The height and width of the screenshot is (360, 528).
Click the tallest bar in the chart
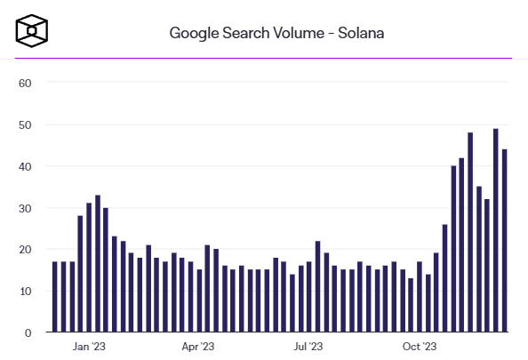click(495, 231)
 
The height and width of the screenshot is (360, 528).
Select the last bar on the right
click(504, 241)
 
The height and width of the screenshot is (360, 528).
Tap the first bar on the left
click(55, 297)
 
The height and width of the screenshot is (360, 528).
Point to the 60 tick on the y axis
click(25, 84)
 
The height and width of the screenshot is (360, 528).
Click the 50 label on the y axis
click(25, 125)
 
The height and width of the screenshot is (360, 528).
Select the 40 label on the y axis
click(25, 166)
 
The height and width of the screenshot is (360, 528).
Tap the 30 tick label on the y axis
click(25, 208)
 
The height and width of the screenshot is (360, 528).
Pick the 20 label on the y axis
click(25, 250)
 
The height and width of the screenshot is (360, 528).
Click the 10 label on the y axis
click(25, 291)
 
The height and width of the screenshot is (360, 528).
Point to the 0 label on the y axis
click(28, 332)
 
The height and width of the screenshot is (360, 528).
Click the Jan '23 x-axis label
click(89, 348)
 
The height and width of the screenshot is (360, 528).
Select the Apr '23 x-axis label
click(198, 348)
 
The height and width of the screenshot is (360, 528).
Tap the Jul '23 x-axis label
click(308, 348)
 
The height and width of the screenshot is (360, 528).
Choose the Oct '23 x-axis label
click(419, 348)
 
